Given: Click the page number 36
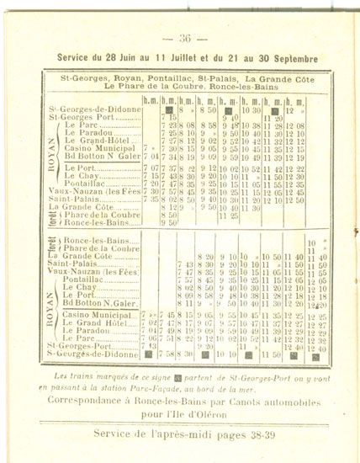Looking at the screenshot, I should [x=184, y=37].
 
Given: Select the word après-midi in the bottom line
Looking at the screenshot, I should [x=172, y=434].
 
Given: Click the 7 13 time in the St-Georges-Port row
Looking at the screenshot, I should [x=151, y=346].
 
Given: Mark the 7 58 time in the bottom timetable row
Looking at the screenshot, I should [x=169, y=354].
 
